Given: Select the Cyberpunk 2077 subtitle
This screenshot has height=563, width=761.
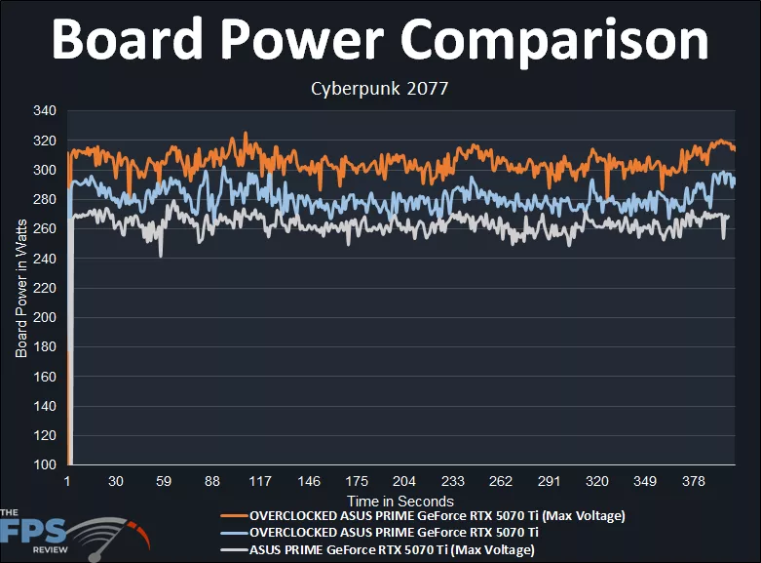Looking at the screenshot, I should [x=379, y=89].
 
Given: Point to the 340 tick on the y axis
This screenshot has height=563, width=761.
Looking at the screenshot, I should [x=45, y=111].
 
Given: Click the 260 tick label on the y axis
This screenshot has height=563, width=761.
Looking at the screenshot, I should [x=45, y=229].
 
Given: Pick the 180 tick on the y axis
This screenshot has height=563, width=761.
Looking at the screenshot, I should [x=45, y=347].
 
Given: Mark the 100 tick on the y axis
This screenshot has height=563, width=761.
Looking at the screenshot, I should [x=45, y=465].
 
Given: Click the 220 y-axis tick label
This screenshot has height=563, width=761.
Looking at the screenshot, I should [x=45, y=288].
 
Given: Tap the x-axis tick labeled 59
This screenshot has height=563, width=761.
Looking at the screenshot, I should [x=164, y=482].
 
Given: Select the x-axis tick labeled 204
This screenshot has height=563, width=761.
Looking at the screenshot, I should [x=403, y=482].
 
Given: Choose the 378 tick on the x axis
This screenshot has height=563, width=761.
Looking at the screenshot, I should [x=691, y=482].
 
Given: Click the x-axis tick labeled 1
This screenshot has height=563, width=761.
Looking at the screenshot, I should [x=67, y=482].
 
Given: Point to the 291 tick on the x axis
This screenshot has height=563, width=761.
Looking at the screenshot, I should [x=548, y=482].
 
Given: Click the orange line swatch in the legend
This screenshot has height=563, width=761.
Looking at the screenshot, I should [x=234, y=515].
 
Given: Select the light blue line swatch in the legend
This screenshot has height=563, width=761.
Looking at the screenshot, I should [x=234, y=533].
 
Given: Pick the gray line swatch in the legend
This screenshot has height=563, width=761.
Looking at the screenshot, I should [x=234, y=550].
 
